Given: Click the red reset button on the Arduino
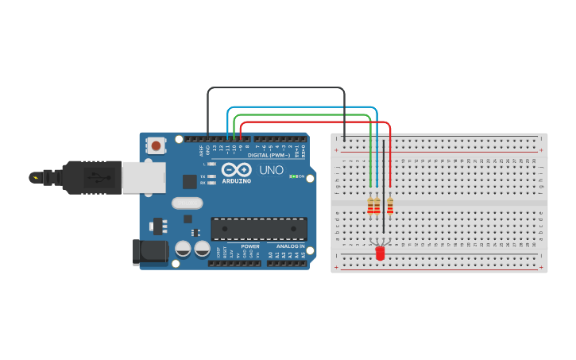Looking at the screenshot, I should (x=157, y=145).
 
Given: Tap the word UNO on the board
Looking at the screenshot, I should (x=272, y=170).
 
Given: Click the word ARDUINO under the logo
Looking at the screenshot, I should (x=237, y=181).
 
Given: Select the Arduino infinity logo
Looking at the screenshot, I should (x=237, y=169).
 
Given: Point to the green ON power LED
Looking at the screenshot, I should (x=293, y=176).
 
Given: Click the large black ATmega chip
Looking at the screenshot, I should (x=258, y=229).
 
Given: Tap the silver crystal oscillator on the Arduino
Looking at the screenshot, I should (x=187, y=203).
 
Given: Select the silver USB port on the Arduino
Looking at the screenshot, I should (x=143, y=177).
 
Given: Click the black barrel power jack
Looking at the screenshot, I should (x=149, y=252).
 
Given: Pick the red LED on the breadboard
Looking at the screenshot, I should (x=380, y=253).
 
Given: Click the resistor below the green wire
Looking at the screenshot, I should (x=370, y=207).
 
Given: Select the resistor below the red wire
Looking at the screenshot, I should (x=390, y=207).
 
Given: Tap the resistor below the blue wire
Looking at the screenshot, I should (x=377, y=207).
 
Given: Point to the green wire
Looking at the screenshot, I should (x=302, y=114).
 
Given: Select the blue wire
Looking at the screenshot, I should (x=302, y=106).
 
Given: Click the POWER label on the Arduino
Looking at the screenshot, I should (x=250, y=246).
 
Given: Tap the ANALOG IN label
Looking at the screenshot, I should (x=289, y=246).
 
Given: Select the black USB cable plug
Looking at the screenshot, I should (x=91, y=177).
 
